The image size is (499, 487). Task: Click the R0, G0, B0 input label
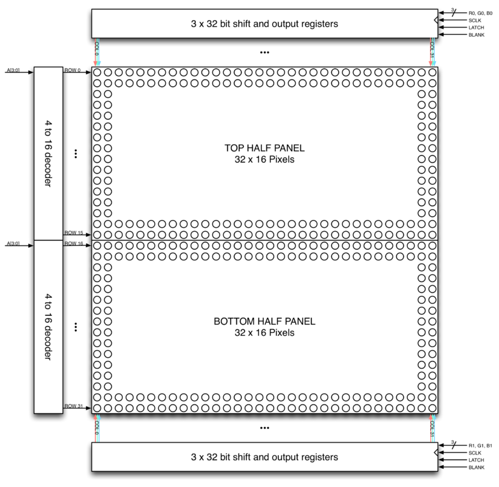[x=480, y=13]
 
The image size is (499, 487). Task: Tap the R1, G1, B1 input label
[x=480, y=446]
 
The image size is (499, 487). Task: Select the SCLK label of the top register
[x=475, y=21]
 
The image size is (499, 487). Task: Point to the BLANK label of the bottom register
[x=477, y=467]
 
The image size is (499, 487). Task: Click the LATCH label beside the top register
[x=476, y=27]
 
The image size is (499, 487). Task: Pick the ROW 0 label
[x=72, y=70]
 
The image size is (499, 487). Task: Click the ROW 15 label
[x=74, y=233]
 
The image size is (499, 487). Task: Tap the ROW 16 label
[x=74, y=243]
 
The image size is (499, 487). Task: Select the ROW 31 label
[x=74, y=406]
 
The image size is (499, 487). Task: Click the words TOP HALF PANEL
[x=264, y=148]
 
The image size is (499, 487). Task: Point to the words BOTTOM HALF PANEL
[x=264, y=322]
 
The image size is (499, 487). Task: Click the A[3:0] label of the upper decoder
[x=13, y=70]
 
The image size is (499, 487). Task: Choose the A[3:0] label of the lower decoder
[x=13, y=243]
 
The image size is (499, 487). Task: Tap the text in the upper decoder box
[x=48, y=154]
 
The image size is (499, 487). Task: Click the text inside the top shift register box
[x=264, y=24]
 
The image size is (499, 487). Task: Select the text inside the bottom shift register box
[x=264, y=457]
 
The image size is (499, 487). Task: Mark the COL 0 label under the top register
[x=97, y=49]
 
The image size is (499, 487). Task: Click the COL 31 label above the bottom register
[x=432, y=428]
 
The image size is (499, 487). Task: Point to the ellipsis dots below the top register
[x=264, y=52]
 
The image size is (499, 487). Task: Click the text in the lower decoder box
[x=48, y=327]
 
